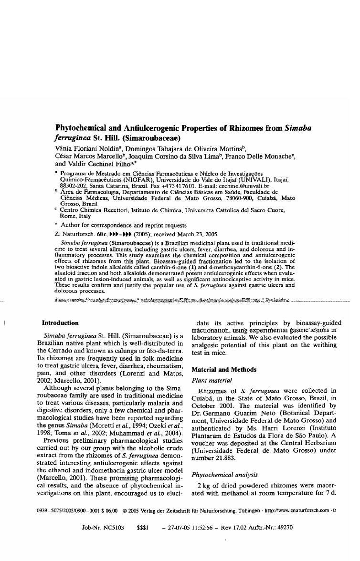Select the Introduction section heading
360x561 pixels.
(x=60, y=323)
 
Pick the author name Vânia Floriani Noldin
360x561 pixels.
(x=86, y=149)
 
